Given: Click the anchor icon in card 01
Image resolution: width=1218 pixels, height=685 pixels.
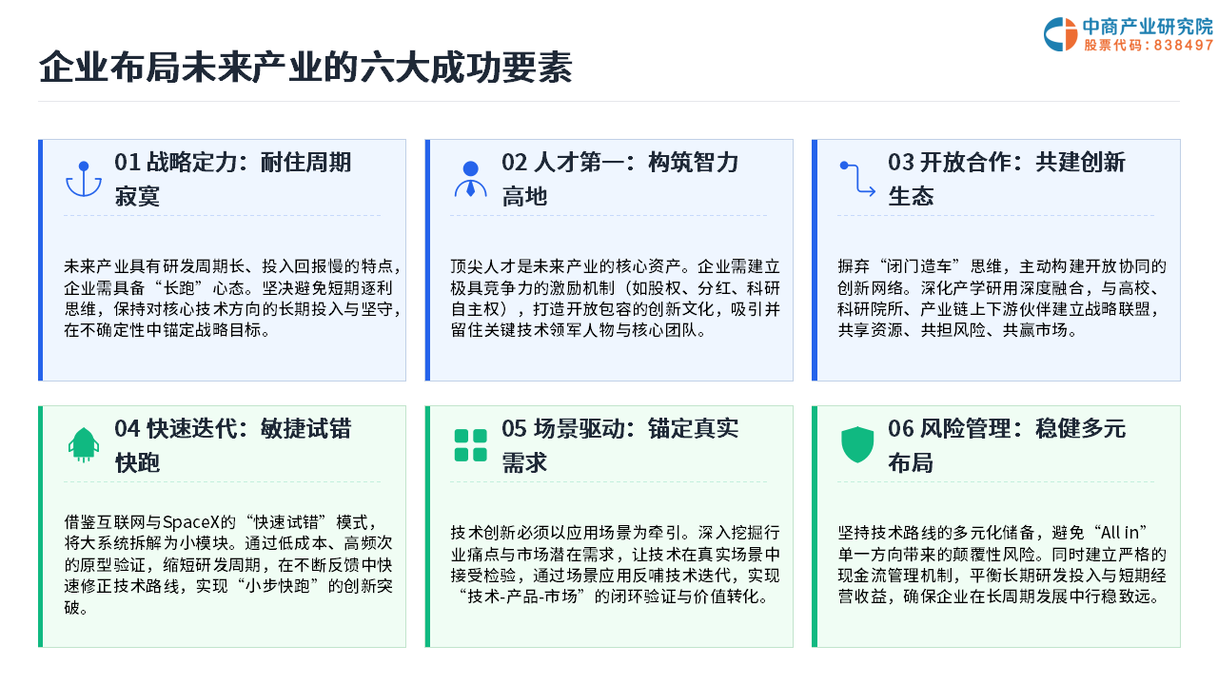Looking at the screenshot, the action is [x=83, y=179].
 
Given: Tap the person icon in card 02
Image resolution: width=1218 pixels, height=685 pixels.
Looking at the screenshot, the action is [x=470, y=179].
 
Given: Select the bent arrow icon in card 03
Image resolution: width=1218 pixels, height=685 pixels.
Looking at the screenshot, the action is [x=857, y=179].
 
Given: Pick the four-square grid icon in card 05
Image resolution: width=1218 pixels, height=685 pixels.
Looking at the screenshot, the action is [x=470, y=445].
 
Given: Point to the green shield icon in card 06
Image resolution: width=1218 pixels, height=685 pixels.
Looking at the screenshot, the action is [x=857, y=444].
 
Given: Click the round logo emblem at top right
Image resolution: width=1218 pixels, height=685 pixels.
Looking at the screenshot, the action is [x=1060, y=34].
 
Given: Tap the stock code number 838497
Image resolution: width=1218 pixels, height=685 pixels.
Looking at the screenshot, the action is [x=1183, y=45].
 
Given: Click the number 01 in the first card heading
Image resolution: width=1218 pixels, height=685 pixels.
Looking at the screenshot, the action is [x=128, y=163].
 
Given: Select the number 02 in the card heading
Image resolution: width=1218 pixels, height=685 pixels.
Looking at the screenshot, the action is [x=515, y=163].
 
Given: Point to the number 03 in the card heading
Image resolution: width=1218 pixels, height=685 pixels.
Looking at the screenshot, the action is [x=901, y=163].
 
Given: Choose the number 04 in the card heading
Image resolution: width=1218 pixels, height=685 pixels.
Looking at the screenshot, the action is [x=128, y=429].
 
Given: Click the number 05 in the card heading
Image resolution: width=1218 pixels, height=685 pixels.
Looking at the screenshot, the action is [x=515, y=429].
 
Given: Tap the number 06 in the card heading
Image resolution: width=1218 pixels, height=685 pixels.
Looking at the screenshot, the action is [x=901, y=429].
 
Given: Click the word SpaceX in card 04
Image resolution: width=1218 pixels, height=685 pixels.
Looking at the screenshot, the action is [x=191, y=522].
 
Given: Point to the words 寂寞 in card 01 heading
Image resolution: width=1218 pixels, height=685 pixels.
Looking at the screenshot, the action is [x=137, y=196].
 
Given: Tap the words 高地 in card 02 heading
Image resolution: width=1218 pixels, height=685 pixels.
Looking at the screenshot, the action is [x=524, y=196].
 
